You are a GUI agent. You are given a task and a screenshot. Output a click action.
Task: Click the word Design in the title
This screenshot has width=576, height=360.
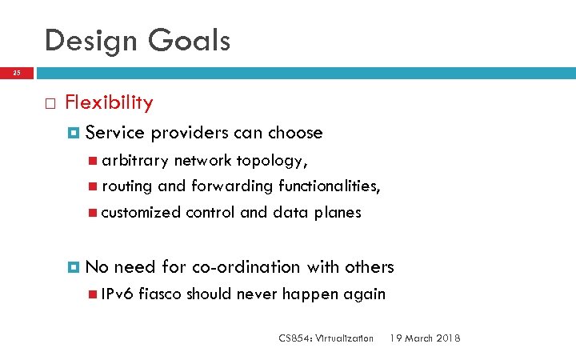coord(90,40)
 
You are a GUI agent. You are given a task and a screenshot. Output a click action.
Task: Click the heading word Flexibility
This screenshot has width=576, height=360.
coord(109,102)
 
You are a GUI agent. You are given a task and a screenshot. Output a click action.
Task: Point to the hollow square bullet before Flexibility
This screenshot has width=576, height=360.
coord(50,103)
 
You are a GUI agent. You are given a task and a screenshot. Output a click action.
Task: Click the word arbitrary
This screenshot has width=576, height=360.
coord(134,161)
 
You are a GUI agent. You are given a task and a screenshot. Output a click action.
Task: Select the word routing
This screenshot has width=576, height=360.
coord(127,186)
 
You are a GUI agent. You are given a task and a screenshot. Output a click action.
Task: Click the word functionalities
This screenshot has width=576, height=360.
coord(329,186)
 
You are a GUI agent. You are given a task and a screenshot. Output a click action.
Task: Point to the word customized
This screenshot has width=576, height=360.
coord(141,212)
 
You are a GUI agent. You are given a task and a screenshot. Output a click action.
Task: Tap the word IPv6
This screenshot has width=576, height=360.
coord(118,294)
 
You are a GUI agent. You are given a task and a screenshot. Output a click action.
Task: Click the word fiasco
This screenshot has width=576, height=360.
coord(160,294)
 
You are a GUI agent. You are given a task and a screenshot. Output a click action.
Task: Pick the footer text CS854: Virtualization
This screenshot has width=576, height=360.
coord(326,338)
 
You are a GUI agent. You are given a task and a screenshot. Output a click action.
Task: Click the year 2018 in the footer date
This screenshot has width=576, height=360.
coord(446,338)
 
